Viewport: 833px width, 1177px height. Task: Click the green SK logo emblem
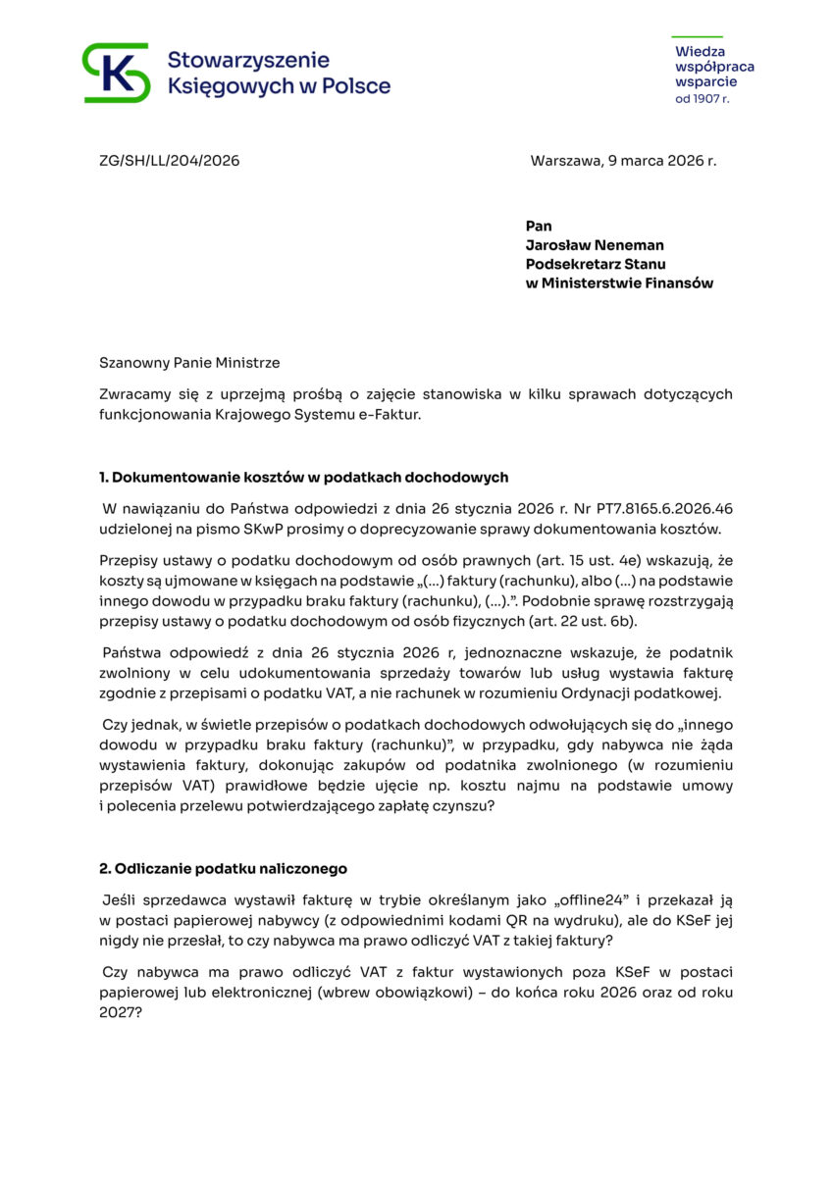116,73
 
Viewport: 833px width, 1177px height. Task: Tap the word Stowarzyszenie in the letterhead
248,61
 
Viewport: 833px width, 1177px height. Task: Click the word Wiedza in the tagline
700,51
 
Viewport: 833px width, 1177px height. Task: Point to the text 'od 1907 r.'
702,99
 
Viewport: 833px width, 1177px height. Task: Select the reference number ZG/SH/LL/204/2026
169,161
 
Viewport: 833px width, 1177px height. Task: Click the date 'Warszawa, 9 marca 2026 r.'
623,161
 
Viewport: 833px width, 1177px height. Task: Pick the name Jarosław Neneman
595,245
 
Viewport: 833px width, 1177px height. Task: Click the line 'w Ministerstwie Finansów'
619,283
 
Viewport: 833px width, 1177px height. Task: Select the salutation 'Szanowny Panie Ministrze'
189,363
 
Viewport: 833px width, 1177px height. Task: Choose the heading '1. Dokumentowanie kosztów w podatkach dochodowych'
303,478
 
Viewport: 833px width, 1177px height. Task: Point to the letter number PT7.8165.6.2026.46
650,509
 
